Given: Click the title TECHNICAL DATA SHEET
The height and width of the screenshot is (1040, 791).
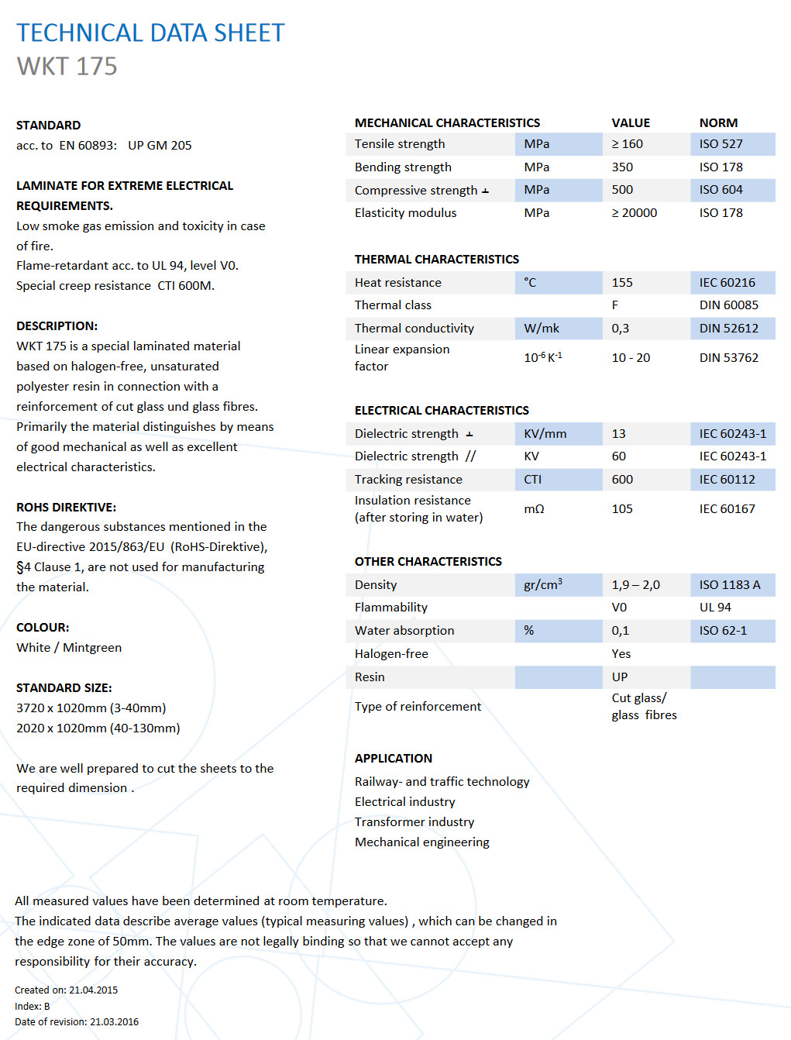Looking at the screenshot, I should (x=150, y=33).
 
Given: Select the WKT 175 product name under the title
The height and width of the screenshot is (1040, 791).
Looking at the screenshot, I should (x=67, y=67).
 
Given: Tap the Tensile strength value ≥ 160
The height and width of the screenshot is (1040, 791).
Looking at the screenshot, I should (x=627, y=144).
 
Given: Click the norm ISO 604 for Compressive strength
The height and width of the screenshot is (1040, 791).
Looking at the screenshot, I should (x=720, y=190).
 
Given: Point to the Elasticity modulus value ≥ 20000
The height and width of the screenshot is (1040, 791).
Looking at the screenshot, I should (x=634, y=213).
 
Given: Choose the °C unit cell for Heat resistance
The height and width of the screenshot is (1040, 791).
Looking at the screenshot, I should (x=531, y=283).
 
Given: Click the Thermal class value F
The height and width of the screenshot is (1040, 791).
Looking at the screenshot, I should (x=615, y=305).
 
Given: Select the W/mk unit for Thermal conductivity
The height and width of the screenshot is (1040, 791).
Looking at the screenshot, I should (x=542, y=329).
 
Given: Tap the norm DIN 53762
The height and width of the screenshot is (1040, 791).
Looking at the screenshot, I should (x=728, y=358).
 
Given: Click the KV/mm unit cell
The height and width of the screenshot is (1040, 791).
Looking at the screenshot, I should (x=545, y=434).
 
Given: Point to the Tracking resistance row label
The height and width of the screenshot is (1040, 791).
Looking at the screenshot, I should (x=408, y=480).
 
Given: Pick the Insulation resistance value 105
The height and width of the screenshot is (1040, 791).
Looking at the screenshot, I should (x=621, y=509).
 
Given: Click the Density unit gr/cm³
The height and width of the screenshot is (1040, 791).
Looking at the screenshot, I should (x=542, y=585).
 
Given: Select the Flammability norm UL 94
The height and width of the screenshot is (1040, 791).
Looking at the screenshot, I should (x=715, y=608).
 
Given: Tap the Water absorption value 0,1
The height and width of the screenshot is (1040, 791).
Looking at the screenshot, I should (x=620, y=631).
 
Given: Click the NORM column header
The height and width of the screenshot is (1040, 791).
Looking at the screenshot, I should (x=718, y=123).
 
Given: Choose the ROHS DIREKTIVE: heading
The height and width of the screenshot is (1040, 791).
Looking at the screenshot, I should (x=66, y=508).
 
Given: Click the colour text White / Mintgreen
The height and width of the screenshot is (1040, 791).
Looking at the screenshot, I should (x=69, y=648).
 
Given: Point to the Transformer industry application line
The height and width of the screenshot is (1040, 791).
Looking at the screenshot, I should (x=414, y=822).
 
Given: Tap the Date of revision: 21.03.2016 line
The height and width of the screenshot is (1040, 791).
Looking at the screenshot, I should (x=77, y=1022).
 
